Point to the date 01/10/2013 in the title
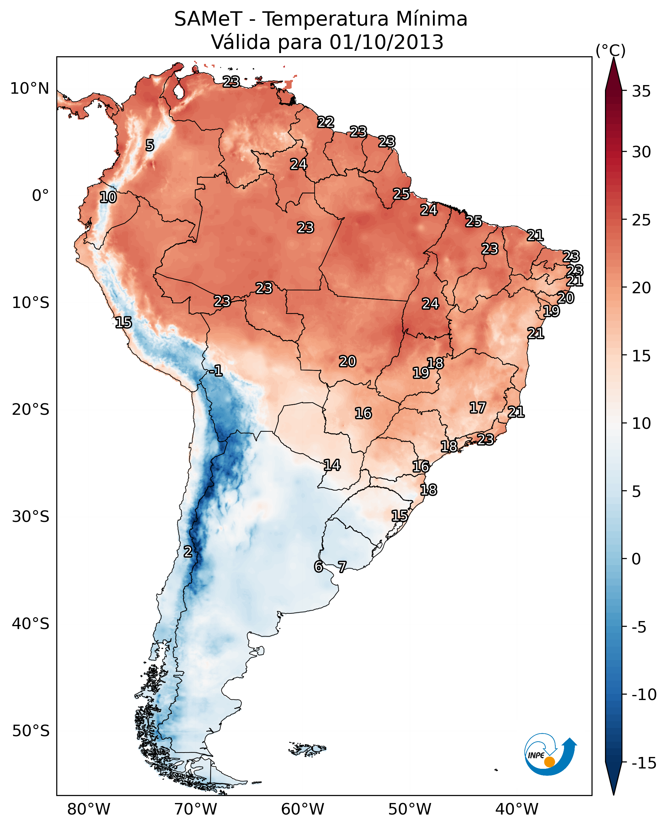tap(387, 42)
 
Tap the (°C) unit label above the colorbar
tap(610, 50)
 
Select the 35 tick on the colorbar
tap(641, 91)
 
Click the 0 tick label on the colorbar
tap(636, 559)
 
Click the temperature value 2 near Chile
tap(187, 551)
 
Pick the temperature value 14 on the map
tap(332, 465)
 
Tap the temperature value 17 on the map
tap(478, 407)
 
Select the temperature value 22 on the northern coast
tap(326, 122)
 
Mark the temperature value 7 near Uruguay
tap(342, 566)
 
